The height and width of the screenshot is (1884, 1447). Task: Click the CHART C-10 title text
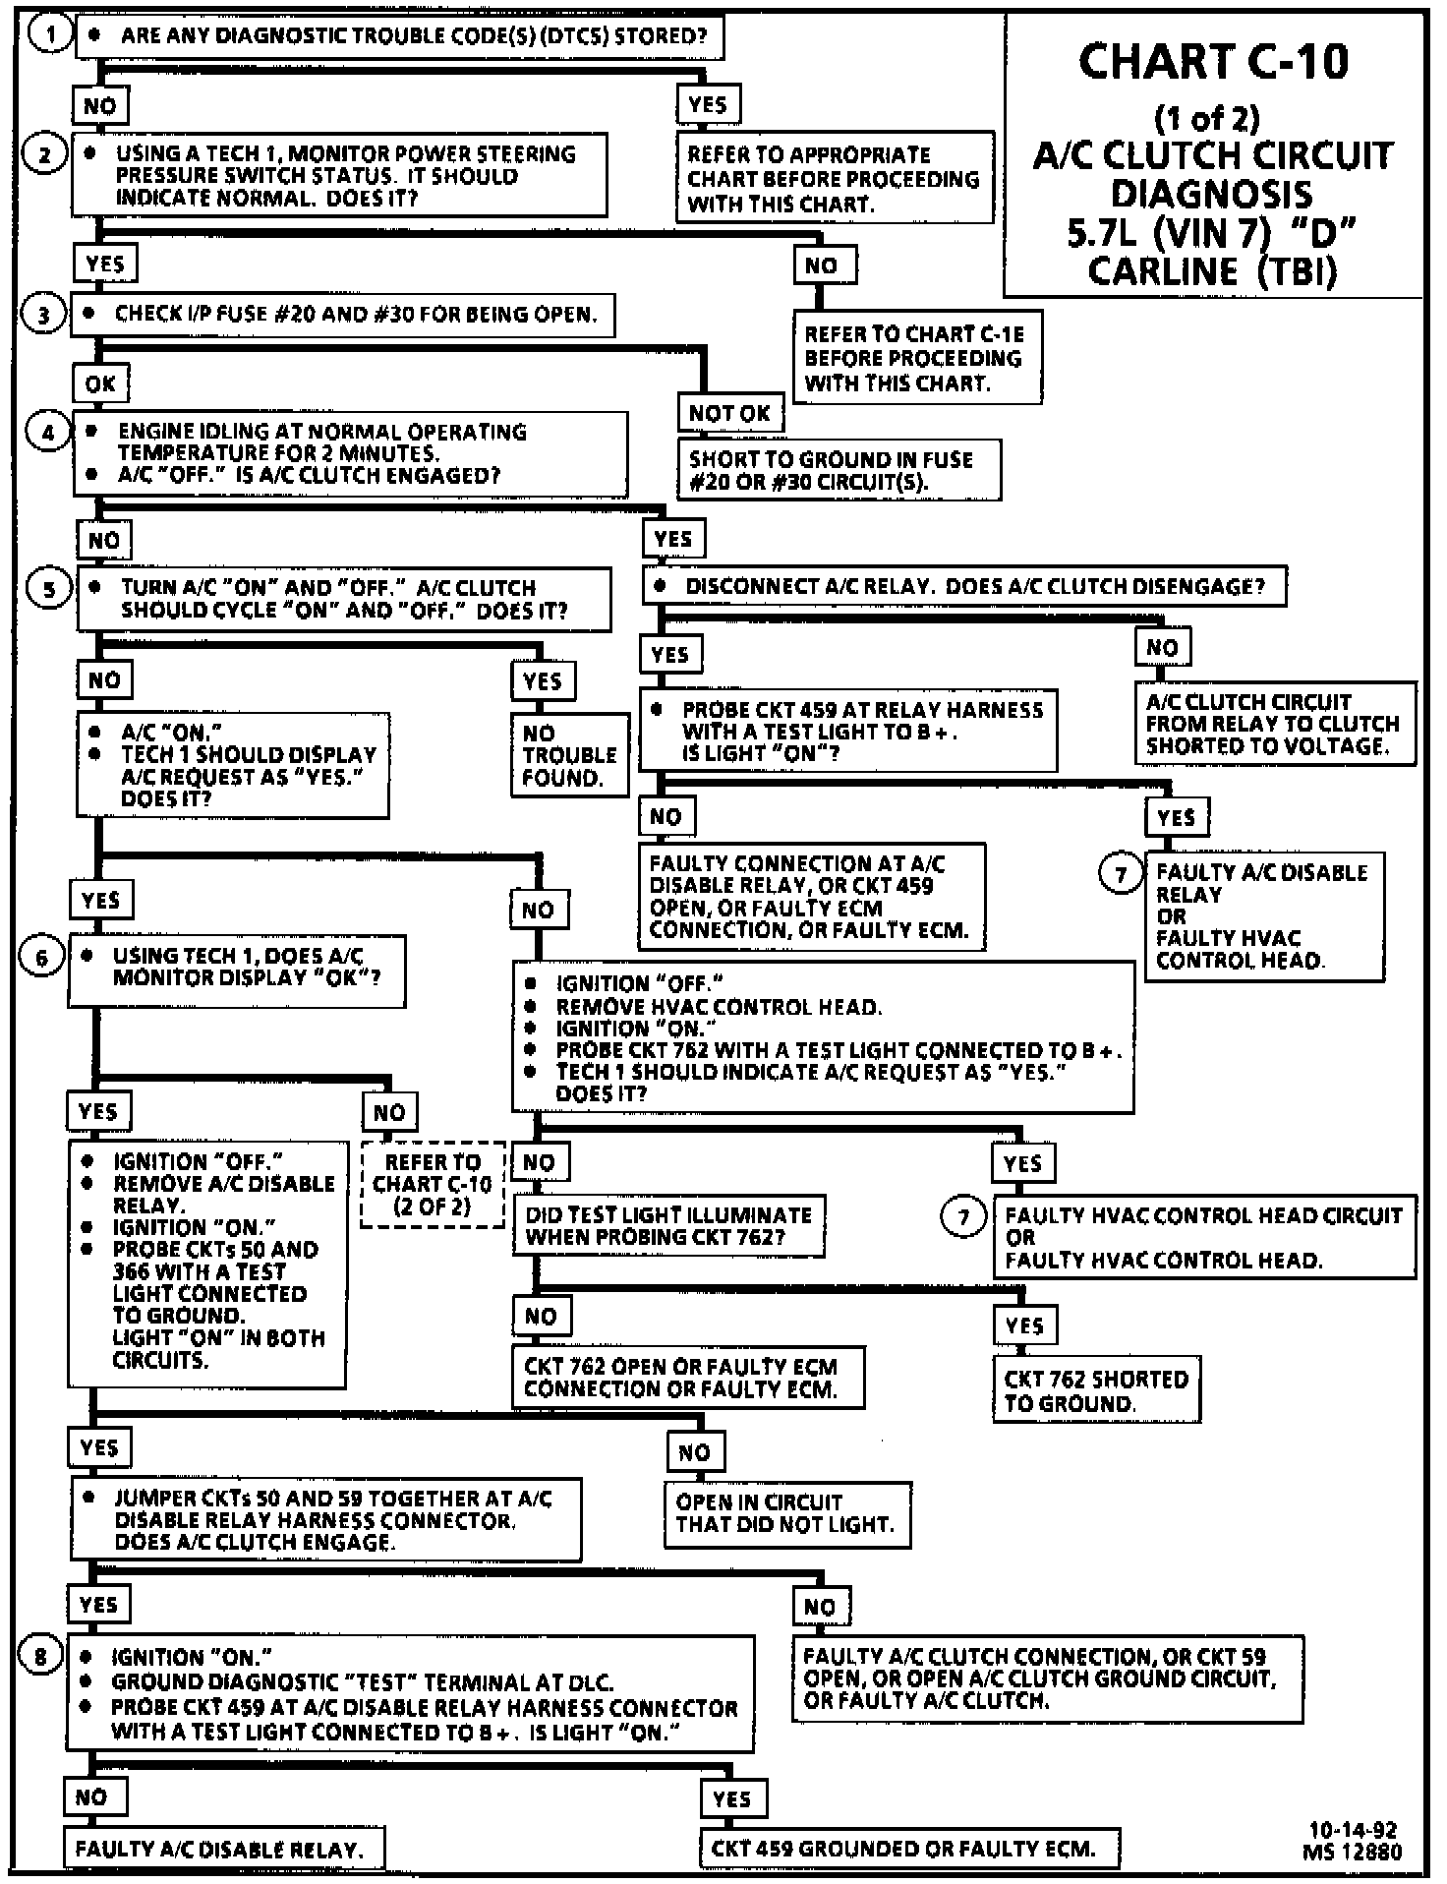coord(1213,62)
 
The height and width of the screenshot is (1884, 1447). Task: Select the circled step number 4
coord(47,432)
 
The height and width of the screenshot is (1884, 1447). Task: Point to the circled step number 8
coord(40,1656)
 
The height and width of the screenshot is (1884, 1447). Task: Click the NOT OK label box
coord(729,414)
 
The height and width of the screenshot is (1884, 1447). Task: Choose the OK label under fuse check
coord(100,383)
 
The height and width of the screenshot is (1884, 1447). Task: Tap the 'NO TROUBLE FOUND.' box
coord(569,755)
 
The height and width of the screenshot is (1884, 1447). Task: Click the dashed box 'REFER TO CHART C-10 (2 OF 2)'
coord(433,1184)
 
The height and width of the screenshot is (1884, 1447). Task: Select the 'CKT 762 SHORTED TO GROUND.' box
coord(1096,1390)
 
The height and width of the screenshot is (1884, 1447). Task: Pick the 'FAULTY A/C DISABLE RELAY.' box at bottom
coord(223,1849)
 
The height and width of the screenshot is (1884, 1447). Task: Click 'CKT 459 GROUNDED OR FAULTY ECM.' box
coord(909,1849)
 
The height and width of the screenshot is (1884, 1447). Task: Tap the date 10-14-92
coord(1353,1830)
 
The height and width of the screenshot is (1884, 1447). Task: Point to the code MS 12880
coord(1353,1852)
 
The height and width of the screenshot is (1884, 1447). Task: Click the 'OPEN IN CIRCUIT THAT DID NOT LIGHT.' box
coord(786,1514)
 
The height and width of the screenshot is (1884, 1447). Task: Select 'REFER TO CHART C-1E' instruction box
coord(917,358)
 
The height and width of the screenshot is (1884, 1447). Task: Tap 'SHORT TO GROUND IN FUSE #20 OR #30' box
coord(839,471)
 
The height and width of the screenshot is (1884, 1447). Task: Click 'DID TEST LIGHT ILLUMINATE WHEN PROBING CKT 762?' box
coord(668,1225)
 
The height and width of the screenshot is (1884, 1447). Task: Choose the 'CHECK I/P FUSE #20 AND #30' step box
coord(342,315)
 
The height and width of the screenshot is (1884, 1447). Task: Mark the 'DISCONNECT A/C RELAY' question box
coord(964,586)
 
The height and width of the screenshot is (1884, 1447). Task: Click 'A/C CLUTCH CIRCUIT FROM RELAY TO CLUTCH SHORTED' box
coord(1275,724)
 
